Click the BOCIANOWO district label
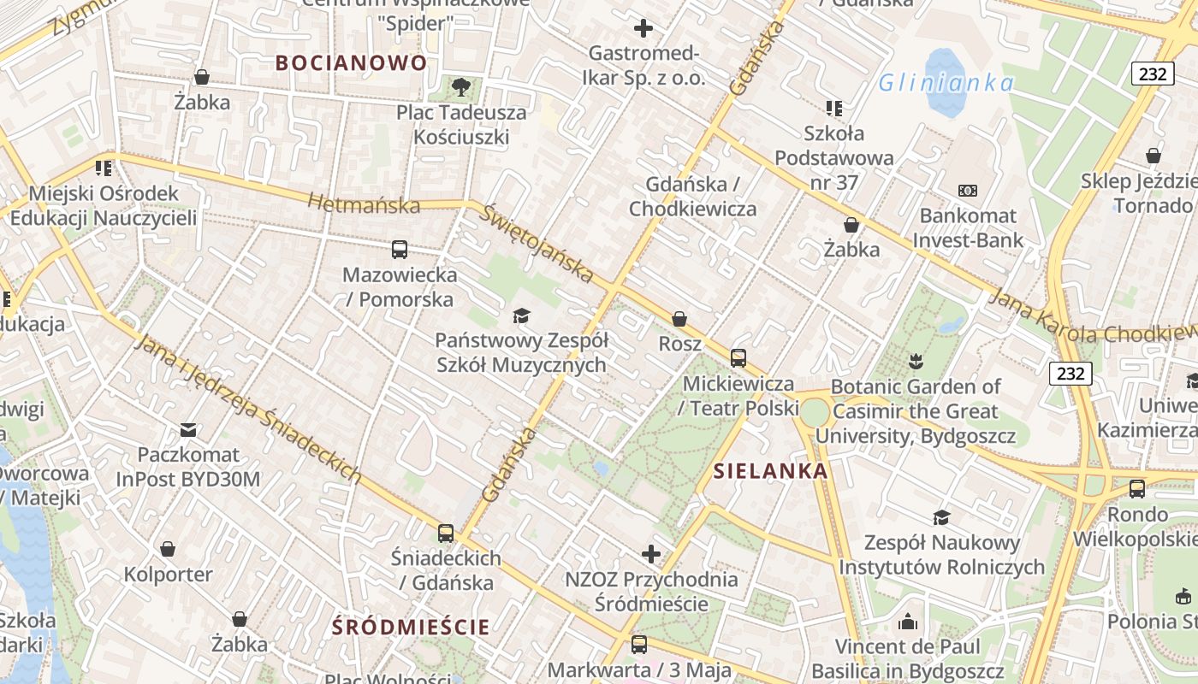pyautogui.click(x=352, y=62)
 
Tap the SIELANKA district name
pyautogui.click(x=770, y=470)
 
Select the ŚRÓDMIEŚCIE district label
pyautogui.click(x=412, y=627)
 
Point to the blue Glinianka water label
pyautogui.click(x=946, y=83)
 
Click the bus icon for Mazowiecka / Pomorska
pyautogui.click(x=400, y=250)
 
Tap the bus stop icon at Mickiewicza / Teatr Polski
pyautogui.click(x=738, y=358)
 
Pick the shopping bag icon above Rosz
pyautogui.click(x=679, y=319)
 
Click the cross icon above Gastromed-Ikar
pyautogui.click(x=643, y=28)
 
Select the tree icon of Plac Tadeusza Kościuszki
pyautogui.click(x=461, y=85)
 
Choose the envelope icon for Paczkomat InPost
pyautogui.click(x=188, y=429)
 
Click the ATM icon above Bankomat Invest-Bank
pyautogui.click(x=968, y=191)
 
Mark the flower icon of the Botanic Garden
pyautogui.click(x=916, y=361)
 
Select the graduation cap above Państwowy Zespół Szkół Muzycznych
pyautogui.click(x=521, y=316)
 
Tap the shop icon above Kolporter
pyautogui.click(x=168, y=549)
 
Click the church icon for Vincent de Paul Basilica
pyautogui.click(x=908, y=621)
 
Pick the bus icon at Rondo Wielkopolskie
pyautogui.click(x=1137, y=489)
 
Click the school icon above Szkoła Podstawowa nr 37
pyautogui.click(x=834, y=108)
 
